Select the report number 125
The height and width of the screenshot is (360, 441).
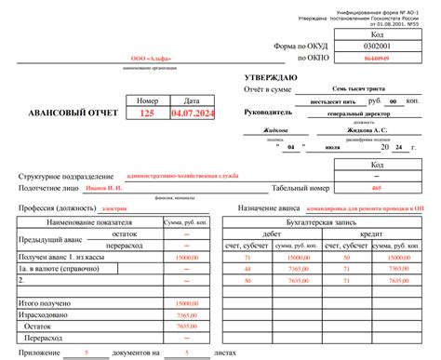coord(147,113)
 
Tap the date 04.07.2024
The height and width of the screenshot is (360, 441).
coord(192,113)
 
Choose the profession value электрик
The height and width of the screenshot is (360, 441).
coord(114,210)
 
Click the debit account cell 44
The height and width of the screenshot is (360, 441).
coord(247,268)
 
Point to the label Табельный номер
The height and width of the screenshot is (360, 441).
coord(302,188)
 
